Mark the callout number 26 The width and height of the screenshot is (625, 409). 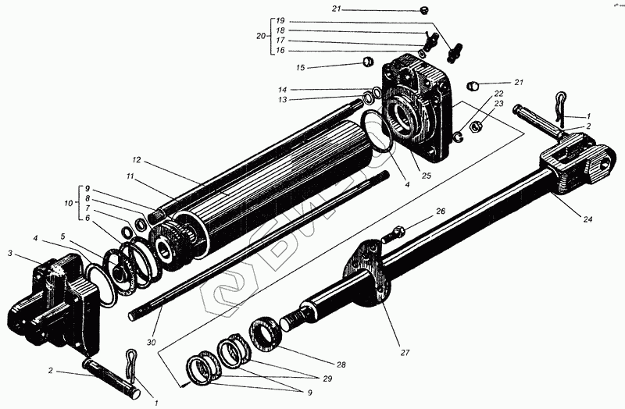pyautogui.click(x=441, y=211)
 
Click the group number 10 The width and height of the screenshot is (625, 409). pyautogui.click(x=68, y=203)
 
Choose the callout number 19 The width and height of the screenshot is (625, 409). pyautogui.click(x=281, y=20)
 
